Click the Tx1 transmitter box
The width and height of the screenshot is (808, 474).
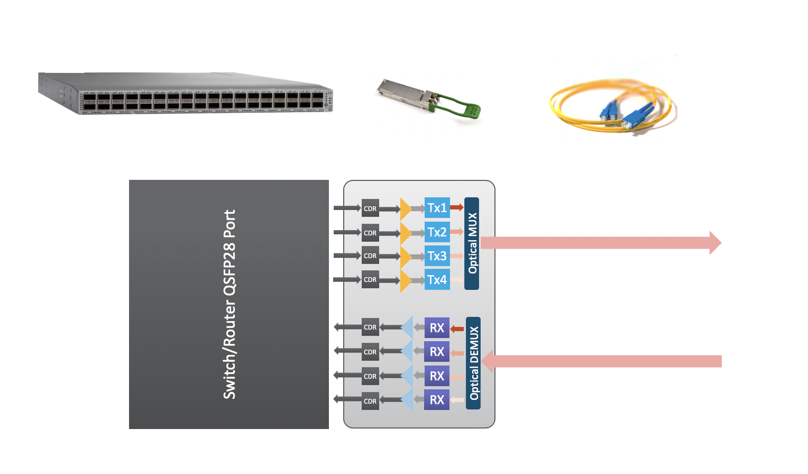[x=437, y=208]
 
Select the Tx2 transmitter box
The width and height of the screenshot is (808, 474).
[x=437, y=232]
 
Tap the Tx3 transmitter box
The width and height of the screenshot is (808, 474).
[x=437, y=256]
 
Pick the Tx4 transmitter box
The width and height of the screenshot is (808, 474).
[x=437, y=280]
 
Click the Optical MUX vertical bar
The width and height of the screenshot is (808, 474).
[x=472, y=243]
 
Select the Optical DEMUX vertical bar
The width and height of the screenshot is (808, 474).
[x=473, y=363]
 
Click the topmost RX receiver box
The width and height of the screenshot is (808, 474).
[x=437, y=328]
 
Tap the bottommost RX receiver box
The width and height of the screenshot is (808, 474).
[x=437, y=400]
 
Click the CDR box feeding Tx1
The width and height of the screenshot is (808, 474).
[x=370, y=208]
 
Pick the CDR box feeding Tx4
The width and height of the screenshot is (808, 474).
[x=370, y=280]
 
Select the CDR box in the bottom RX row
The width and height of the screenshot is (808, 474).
[x=370, y=401]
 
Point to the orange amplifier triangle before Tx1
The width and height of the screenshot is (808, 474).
[x=405, y=209]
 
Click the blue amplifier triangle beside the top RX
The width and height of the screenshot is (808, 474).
[x=407, y=327]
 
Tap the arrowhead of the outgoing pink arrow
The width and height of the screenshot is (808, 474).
[x=715, y=243]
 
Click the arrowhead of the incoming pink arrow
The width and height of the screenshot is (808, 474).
[x=488, y=361]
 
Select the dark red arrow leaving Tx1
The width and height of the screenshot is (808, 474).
[x=456, y=207]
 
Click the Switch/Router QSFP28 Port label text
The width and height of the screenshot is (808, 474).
[x=229, y=304]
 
